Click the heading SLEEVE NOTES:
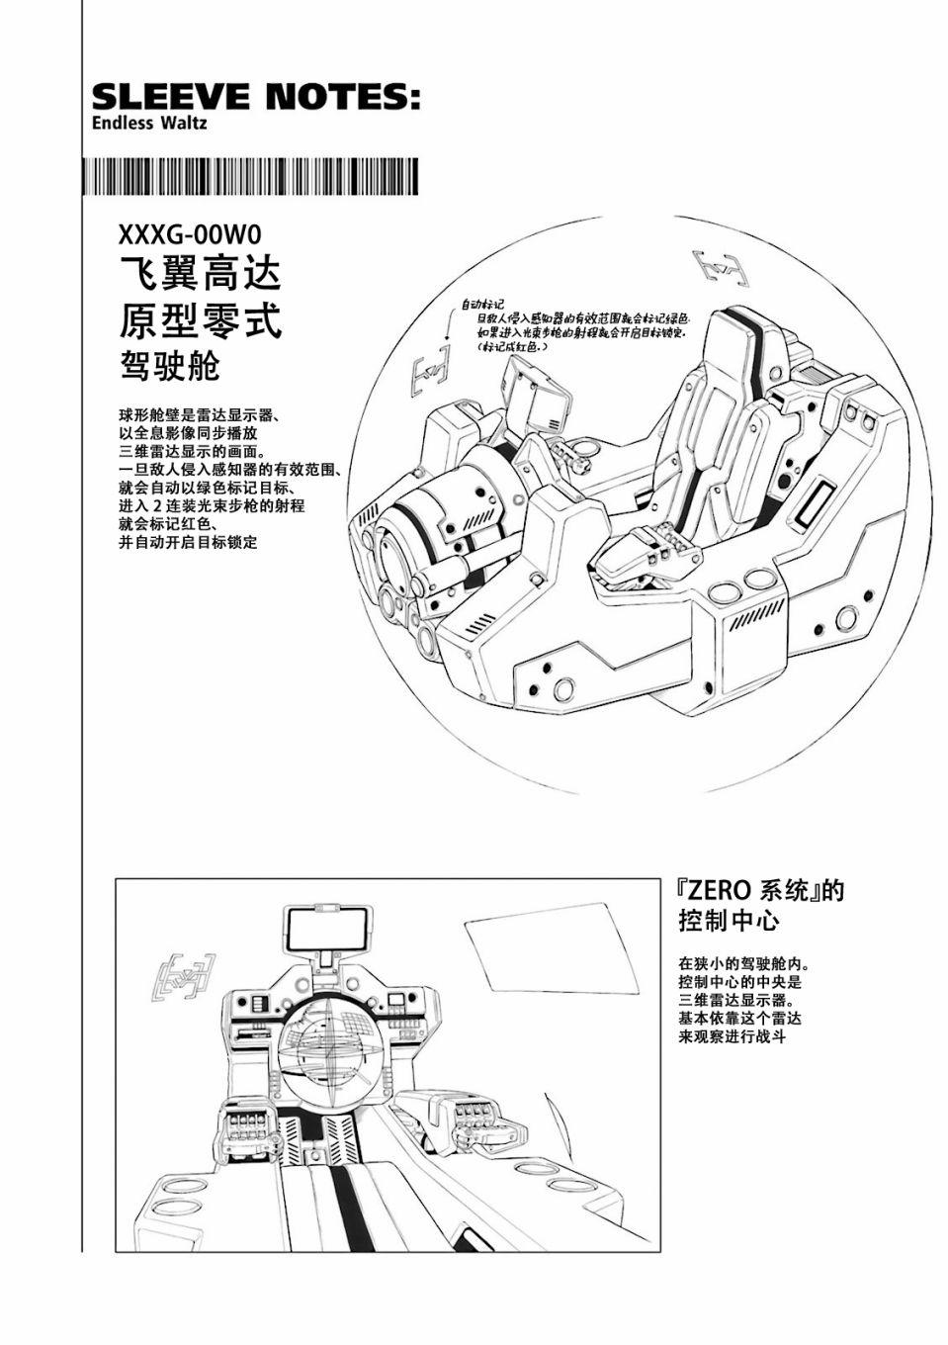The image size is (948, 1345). coord(255,97)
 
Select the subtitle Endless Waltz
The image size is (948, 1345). coord(149,124)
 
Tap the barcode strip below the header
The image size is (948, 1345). coord(255,179)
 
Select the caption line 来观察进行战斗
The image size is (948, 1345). coord(732,1036)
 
